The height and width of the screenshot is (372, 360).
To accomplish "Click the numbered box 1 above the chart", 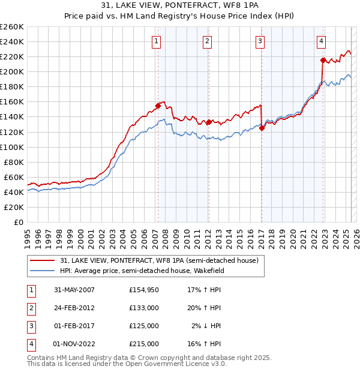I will [x=156, y=41].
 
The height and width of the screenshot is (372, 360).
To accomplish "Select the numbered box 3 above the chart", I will [x=260, y=41].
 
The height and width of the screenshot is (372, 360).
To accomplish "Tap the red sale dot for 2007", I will [x=158, y=106].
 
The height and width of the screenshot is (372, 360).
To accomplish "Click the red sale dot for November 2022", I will [x=323, y=60].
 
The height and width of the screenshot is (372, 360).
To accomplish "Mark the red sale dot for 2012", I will [x=208, y=122].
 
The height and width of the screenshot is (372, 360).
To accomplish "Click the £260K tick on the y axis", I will [x=11, y=27].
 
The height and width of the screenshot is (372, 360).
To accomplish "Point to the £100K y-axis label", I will [x=11, y=147].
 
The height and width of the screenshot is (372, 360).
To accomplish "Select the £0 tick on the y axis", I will [x=17, y=222].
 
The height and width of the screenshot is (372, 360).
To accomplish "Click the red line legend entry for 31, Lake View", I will [x=159, y=260].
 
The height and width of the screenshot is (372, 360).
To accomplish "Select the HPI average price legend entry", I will [x=149, y=271].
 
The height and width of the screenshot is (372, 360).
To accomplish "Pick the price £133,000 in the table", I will [x=144, y=308].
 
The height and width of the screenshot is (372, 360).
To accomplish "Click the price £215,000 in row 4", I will [x=144, y=344].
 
